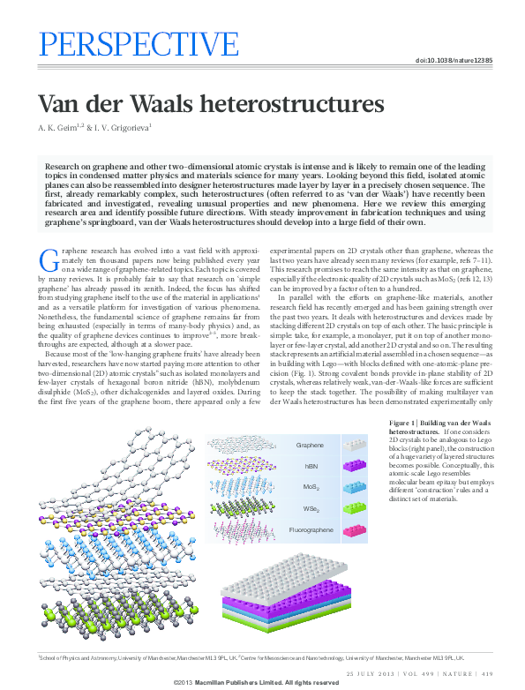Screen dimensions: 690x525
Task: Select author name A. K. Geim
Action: click(x=59, y=128)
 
